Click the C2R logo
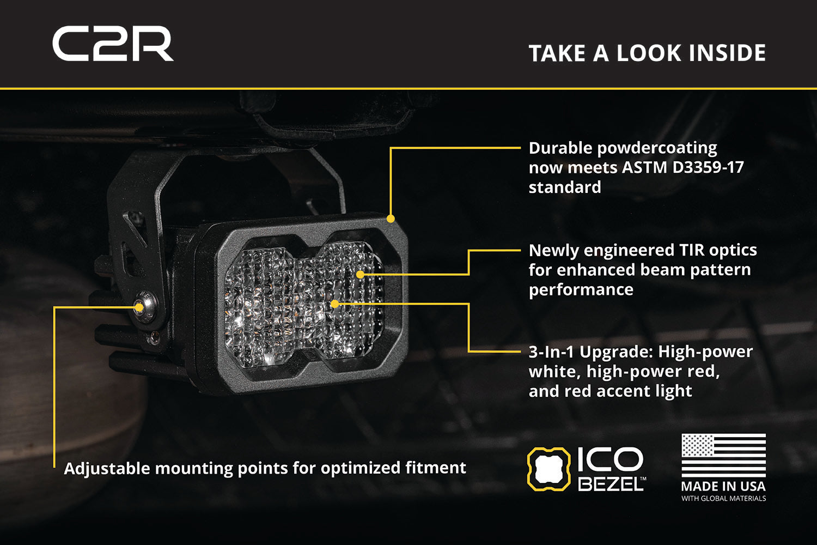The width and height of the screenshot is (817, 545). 113,44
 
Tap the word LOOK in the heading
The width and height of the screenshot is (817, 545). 649,53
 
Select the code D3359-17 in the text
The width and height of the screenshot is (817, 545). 708,167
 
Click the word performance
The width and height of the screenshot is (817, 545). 581,290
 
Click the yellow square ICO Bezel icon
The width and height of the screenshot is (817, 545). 548,468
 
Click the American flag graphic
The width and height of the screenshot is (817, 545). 723,456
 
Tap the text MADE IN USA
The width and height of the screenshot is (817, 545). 723,486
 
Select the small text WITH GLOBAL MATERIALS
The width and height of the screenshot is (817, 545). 723,499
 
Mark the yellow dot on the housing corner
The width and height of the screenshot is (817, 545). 391,219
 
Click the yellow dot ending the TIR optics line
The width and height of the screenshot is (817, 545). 360,274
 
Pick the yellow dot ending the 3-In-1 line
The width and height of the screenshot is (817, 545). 335,304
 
